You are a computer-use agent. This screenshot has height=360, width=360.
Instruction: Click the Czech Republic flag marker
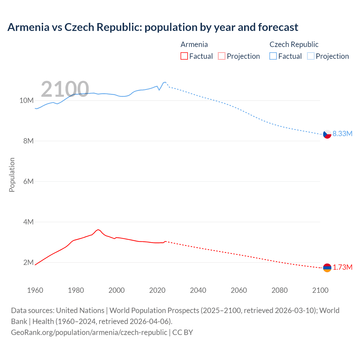point(327,134)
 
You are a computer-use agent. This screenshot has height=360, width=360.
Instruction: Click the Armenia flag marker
point(327,268)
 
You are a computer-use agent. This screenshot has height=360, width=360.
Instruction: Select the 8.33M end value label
point(342,134)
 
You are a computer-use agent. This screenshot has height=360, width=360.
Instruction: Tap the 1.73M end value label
point(342,267)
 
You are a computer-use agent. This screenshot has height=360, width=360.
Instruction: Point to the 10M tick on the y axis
point(26,100)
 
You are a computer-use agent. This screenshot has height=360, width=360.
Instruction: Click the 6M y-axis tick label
point(28,181)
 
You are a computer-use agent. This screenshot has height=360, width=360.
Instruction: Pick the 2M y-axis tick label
point(28,262)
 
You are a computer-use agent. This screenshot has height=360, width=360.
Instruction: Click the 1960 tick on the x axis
point(35,290)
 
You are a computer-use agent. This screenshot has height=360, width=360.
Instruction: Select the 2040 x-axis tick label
point(198,290)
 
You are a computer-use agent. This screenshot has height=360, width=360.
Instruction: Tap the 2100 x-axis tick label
point(320,290)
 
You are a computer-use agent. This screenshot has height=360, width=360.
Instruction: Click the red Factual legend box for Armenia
point(184,56)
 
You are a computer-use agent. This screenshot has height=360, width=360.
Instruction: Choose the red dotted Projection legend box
point(222,56)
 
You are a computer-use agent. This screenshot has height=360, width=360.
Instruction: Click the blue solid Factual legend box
point(273,56)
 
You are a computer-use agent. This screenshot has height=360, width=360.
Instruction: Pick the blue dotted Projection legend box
point(310,56)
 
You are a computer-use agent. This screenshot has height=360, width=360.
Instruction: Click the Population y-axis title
point(12,175)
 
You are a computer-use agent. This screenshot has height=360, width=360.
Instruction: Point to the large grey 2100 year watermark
point(65,89)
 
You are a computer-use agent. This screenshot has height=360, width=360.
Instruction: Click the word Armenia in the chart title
point(28,27)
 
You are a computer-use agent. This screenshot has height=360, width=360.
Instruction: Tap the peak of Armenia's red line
point(98,229)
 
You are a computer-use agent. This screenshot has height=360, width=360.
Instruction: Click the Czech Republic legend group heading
point(294,44)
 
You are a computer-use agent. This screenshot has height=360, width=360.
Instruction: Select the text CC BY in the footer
point(183,332)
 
